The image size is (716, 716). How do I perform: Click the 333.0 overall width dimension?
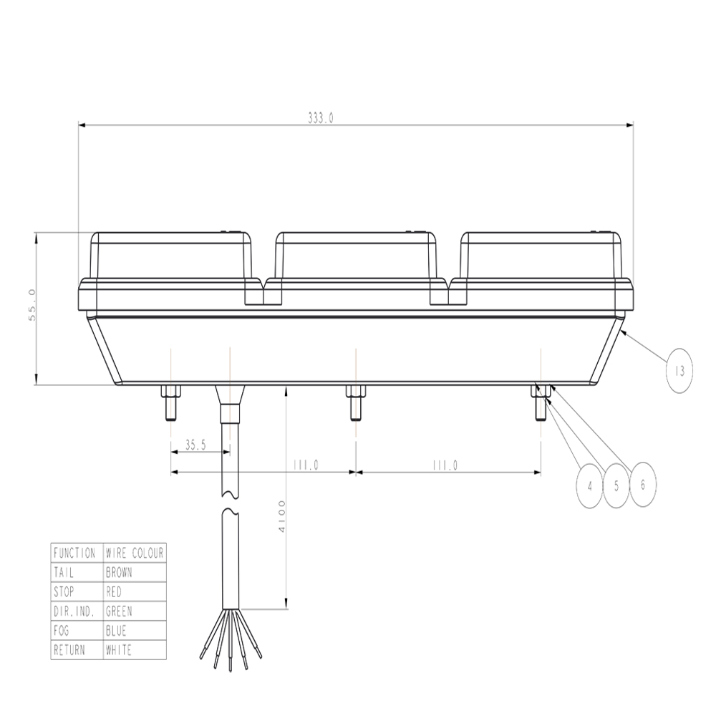click(x=320, y=119)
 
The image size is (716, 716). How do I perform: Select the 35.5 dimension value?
click(x=195, y=445)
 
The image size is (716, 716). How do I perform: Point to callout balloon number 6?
click(x=642, y=485)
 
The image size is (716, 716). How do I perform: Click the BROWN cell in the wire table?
click(x=119, y=573)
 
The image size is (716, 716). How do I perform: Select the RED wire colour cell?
click(x=114, y=592)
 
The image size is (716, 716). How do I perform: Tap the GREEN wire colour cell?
click(x=119, y=611)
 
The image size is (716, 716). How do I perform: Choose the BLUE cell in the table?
click(x=116, y=631)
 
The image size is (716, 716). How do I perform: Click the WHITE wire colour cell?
click(x=119, y=650)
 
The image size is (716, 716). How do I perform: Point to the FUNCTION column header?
click(x=74, y=553)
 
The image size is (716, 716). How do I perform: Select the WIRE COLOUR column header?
click(x=135, y=553)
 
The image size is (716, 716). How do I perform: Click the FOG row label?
click(x=62, y=631)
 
